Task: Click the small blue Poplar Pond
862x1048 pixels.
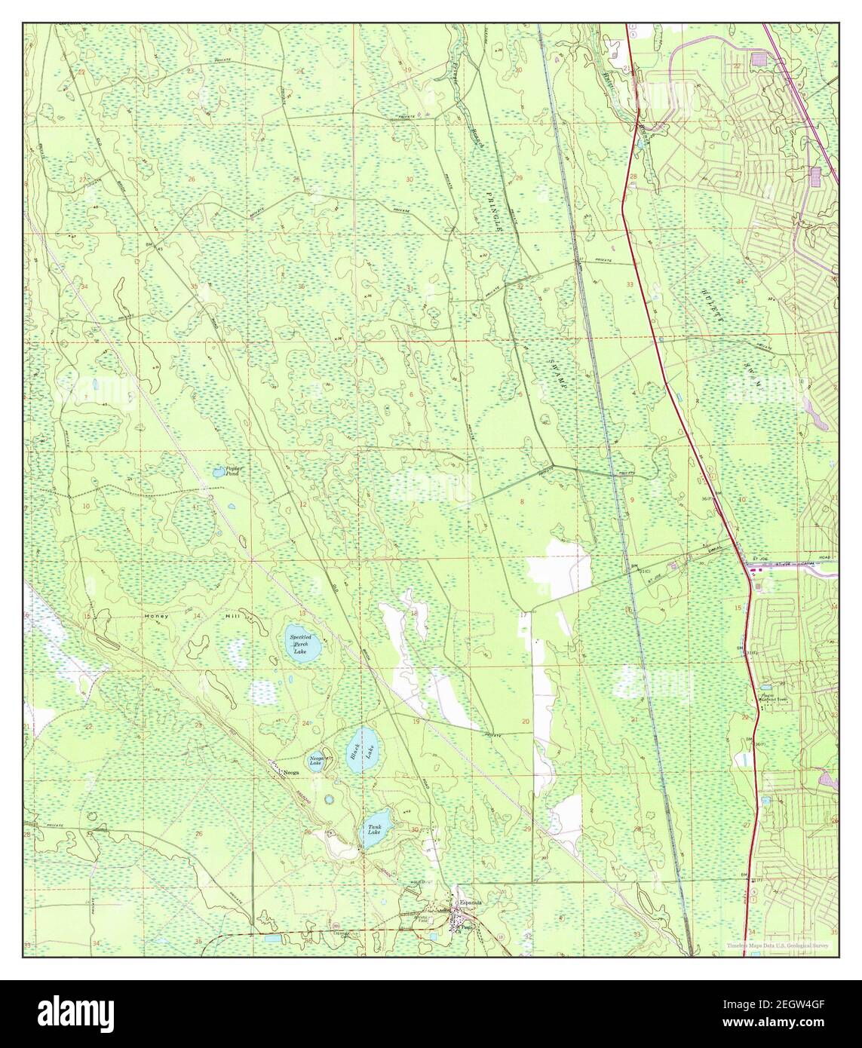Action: tap(218, 473)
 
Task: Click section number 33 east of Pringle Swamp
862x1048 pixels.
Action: tap(629, 284)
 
